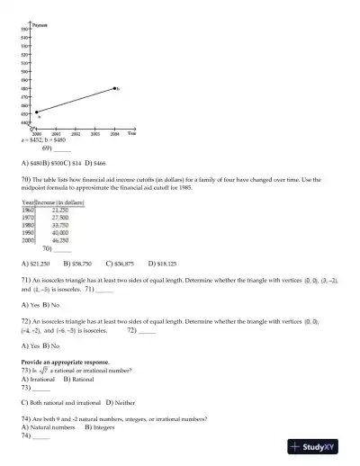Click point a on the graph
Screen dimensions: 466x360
37,112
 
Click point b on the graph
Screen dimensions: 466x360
114,88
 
